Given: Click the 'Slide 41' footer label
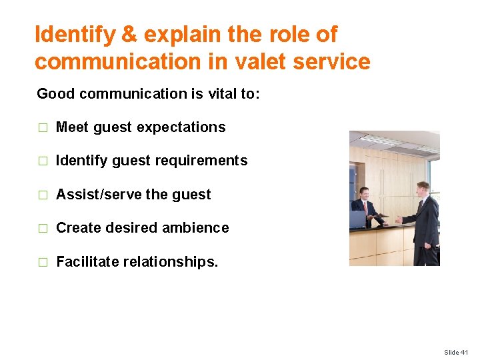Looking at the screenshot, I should pyautogui.click(x=456, y=352).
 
